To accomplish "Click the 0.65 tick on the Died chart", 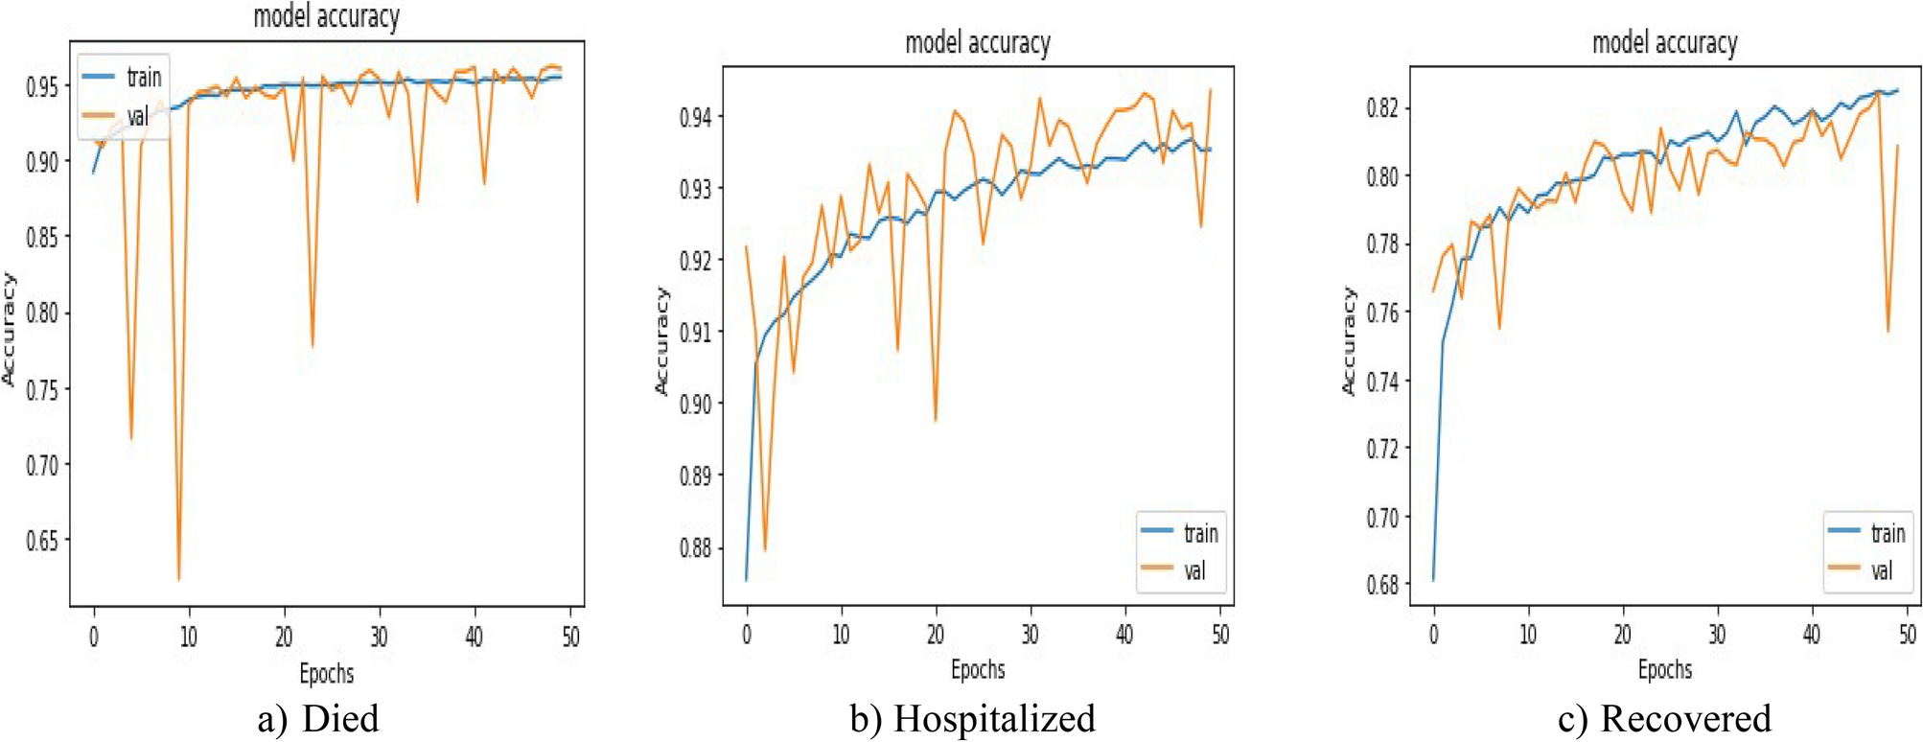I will point(41,541).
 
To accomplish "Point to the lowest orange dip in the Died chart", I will point(179,579).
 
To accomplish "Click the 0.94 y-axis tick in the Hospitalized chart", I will point(695,117).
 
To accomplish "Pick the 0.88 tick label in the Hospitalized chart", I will point(695,547).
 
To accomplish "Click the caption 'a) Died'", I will point(318,718).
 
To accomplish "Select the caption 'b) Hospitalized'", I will point(972,718).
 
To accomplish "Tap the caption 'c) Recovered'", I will point(1665,718).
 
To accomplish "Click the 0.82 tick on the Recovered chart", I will point(1382,107).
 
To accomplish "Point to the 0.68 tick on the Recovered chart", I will point(1382,584).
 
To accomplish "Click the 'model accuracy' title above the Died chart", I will point(326,17).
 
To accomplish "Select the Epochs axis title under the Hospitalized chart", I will point(978,669).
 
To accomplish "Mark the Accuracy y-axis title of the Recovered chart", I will point(1349,340).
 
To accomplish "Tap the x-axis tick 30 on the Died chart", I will point(380,637).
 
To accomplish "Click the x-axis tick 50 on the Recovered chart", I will point(1908,634).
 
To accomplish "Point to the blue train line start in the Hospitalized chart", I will point(746,580).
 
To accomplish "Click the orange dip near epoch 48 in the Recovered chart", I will point(1888,331).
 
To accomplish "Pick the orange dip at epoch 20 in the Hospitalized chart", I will point(935,420).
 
